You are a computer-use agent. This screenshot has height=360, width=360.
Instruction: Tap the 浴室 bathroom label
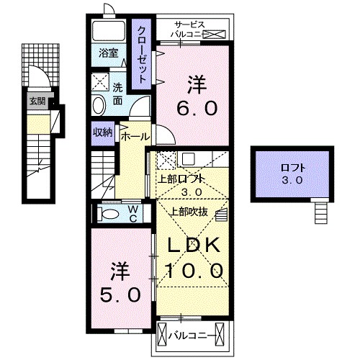108,53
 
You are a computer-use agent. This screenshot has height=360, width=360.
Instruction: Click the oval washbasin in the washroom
99,105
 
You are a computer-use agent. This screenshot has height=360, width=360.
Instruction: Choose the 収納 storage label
102,132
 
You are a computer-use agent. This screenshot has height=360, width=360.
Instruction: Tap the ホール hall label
135,136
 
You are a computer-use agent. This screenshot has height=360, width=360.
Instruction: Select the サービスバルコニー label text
189,29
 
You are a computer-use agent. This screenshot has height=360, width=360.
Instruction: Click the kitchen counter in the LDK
189,158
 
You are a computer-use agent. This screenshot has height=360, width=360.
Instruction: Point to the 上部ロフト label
183,179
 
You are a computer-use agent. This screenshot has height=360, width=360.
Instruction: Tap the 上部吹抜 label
189,211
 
